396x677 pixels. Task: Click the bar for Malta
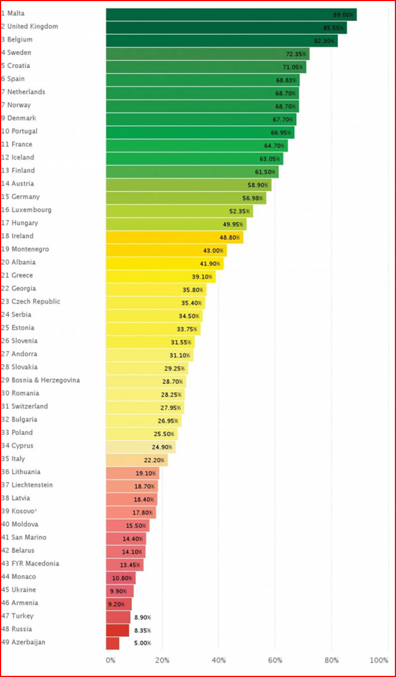[x=226, y=14]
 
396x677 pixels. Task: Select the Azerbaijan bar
[x=112, y=643]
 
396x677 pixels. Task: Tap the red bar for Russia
[x=117, y=630]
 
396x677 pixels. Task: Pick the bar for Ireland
[x=170, y=237]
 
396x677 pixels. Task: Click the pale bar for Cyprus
[x=139, y=446]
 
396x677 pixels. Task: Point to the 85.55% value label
[x=334, y=28]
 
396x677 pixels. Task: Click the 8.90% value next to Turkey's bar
[x=141, y=618]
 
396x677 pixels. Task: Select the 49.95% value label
[x=233, y=224]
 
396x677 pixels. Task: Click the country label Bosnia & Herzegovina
[x=40, y=380]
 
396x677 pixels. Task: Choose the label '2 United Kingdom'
[x=29, y=27]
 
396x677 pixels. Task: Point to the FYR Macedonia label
[x=30, y=563]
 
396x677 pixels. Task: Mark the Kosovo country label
[x=19, y=511]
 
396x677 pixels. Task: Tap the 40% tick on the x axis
[x=219, y=660]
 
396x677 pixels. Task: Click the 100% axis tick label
[x=379, y=660]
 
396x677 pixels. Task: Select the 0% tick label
[x=110, y=660]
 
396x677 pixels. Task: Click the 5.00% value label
[x=141, y=644]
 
